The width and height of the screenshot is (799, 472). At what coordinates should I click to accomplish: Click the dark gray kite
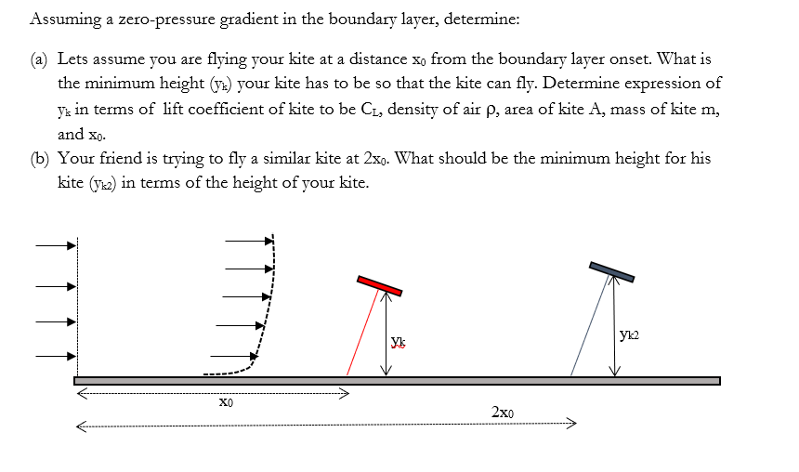point(611,270)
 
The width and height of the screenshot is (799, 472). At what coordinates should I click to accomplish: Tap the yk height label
point(398,341)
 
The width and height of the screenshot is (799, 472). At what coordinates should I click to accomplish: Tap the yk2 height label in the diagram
point(629,334)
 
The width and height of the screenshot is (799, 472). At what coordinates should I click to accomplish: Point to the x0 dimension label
point(225,404)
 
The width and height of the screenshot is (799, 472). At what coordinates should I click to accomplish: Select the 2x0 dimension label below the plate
point(503,412)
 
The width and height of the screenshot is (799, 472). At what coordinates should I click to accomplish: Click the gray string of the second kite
point(588,325)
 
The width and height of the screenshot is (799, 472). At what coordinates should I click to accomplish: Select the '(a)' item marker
point(40,59)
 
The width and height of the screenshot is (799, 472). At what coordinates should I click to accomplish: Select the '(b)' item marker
point(40,159)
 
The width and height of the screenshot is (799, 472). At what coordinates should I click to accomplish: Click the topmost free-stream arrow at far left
point(55,246)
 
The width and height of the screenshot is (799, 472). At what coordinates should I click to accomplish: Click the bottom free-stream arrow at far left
point(55,355)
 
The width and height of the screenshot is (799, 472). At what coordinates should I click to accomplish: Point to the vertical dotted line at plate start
point(77,307)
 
